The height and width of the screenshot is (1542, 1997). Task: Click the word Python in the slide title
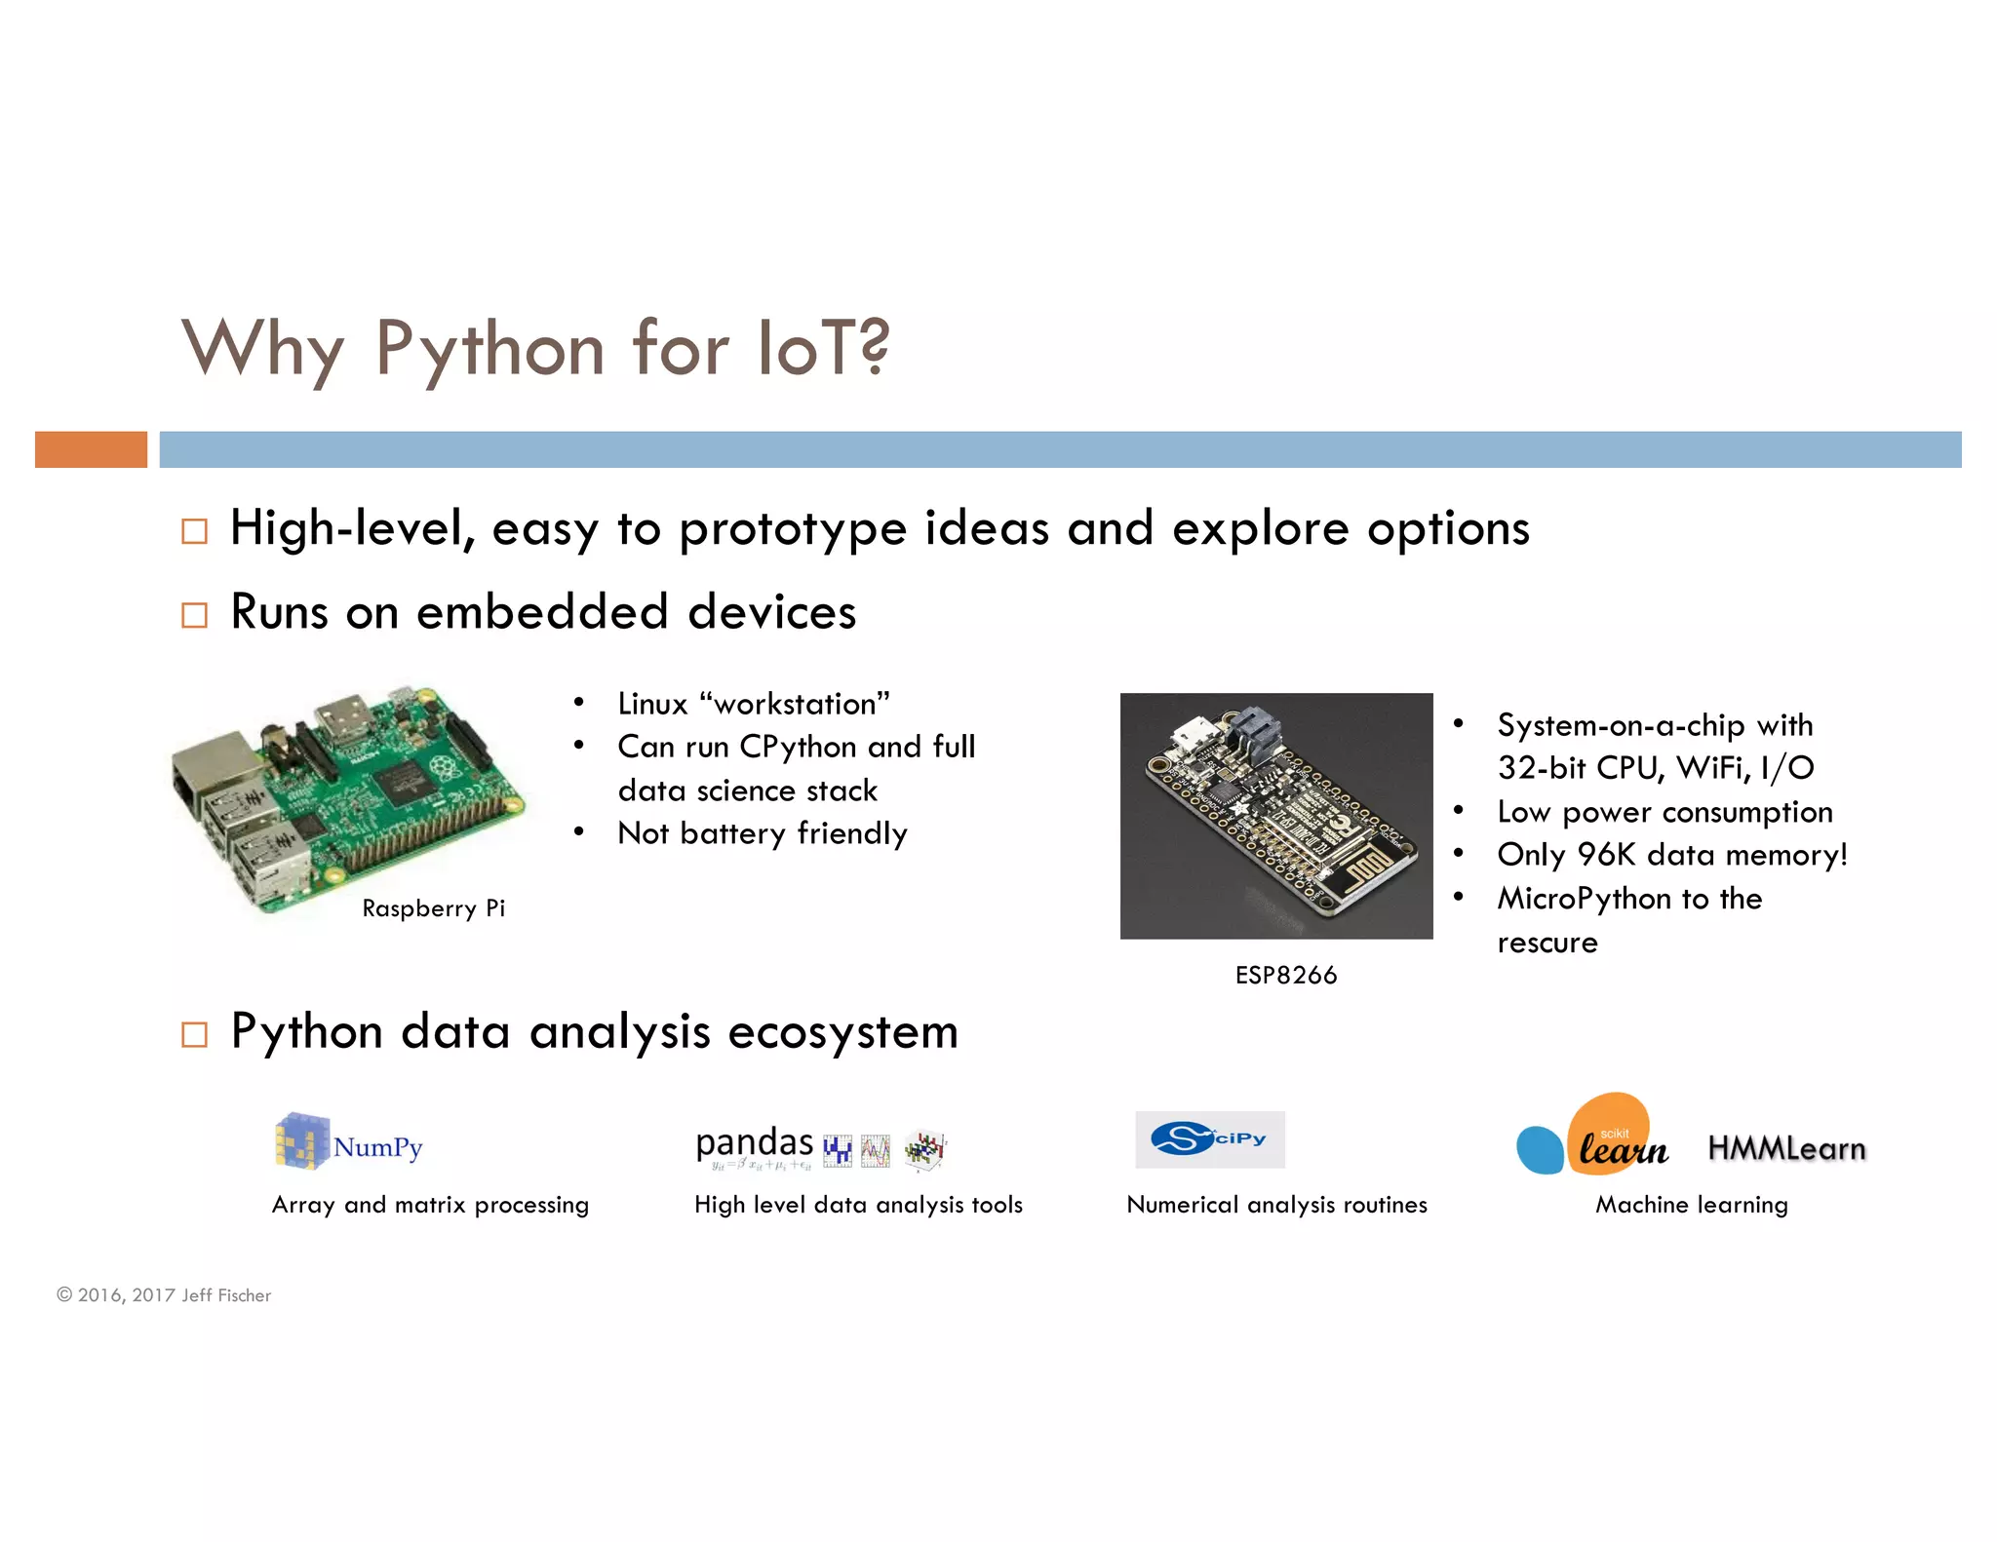(489, 349)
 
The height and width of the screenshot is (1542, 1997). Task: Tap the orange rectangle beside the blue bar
(91, 449)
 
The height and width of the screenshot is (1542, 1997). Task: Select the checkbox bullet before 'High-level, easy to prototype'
(195, 531)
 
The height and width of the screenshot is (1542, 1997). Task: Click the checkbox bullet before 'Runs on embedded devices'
(195, 615)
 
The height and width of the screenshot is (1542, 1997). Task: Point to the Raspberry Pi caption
(433, 908)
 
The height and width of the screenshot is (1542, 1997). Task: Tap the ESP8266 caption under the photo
(1285, 975)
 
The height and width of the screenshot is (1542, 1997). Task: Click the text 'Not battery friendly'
(762, 833)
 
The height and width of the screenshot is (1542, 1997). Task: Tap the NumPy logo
(348, 1142)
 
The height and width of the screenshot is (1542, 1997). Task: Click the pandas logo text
(754, 1142)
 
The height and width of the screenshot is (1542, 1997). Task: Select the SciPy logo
(1209, 1139)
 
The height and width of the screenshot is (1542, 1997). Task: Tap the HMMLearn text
(1785, 1149)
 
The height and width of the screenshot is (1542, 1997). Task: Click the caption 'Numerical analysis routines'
(1275, 1205)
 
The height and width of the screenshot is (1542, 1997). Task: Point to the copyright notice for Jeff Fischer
(164, 1295)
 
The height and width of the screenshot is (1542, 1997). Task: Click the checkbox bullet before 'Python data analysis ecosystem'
(195, 1034)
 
